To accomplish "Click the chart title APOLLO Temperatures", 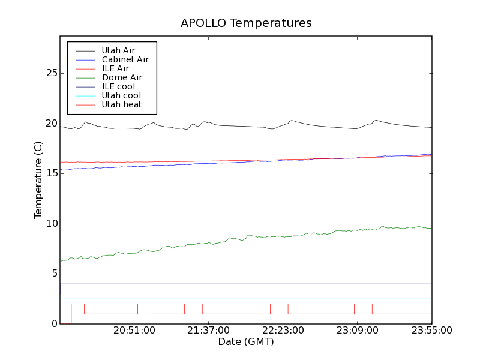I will (x=246, y=23).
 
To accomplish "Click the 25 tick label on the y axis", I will (x=51, y=73).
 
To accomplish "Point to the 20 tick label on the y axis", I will (x=51, y=124).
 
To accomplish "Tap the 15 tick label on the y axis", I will (x=51, y=173).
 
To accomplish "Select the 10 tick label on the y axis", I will (x=51, y=224).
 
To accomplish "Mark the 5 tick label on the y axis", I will (x=54, y=274).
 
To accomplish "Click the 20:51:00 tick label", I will (x=134, y=331).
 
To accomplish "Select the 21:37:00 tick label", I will (x=208, y=331).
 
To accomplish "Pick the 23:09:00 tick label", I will (x=357, y=331).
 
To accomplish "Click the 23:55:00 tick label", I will (x=431, y=331).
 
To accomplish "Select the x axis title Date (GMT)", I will (x=246, y=342).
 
